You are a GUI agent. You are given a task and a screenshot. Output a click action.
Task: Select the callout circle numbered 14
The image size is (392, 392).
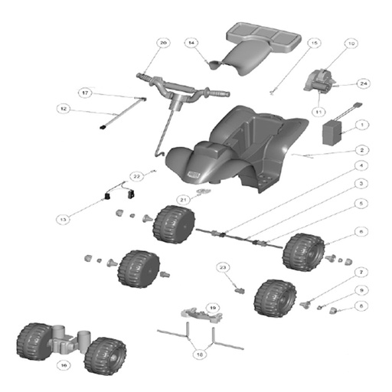(192, 42)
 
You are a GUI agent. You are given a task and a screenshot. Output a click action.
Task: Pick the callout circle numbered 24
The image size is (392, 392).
(364, 83)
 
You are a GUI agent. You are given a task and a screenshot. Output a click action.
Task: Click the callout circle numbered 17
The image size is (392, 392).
(86, 93)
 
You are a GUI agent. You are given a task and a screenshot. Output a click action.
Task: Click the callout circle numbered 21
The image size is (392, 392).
(184, 199)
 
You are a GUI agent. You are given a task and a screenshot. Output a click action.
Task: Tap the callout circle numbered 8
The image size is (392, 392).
(363, 306)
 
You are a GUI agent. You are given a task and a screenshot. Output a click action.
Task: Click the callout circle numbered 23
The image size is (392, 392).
(224, 267)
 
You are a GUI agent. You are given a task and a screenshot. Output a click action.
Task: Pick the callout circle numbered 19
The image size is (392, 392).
(212, 307)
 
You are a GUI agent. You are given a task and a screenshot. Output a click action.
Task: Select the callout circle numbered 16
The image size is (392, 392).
(64, 366)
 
